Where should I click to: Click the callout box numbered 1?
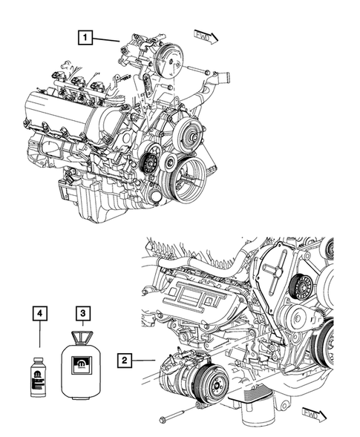85,37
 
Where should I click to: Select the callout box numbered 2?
125,360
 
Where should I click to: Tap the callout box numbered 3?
82,313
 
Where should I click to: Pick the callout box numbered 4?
40,313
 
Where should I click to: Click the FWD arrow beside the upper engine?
206,37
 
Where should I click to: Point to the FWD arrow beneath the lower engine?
314,415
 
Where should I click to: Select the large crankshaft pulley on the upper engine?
188,180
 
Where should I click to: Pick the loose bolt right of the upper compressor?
198,70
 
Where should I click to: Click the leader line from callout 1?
106,39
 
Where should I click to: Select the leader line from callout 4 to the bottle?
39,334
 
